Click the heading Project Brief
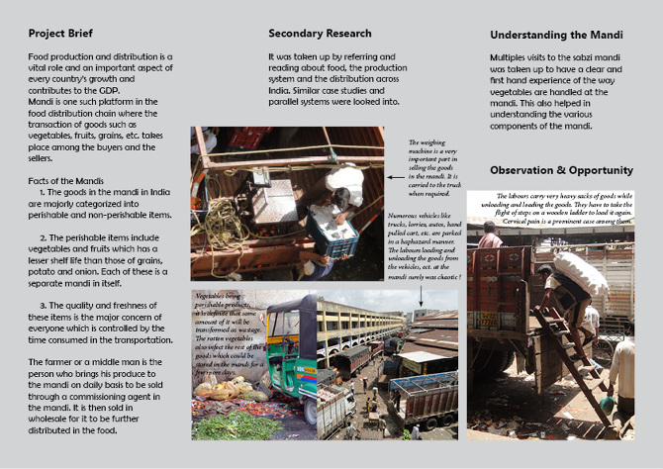[60, 34]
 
